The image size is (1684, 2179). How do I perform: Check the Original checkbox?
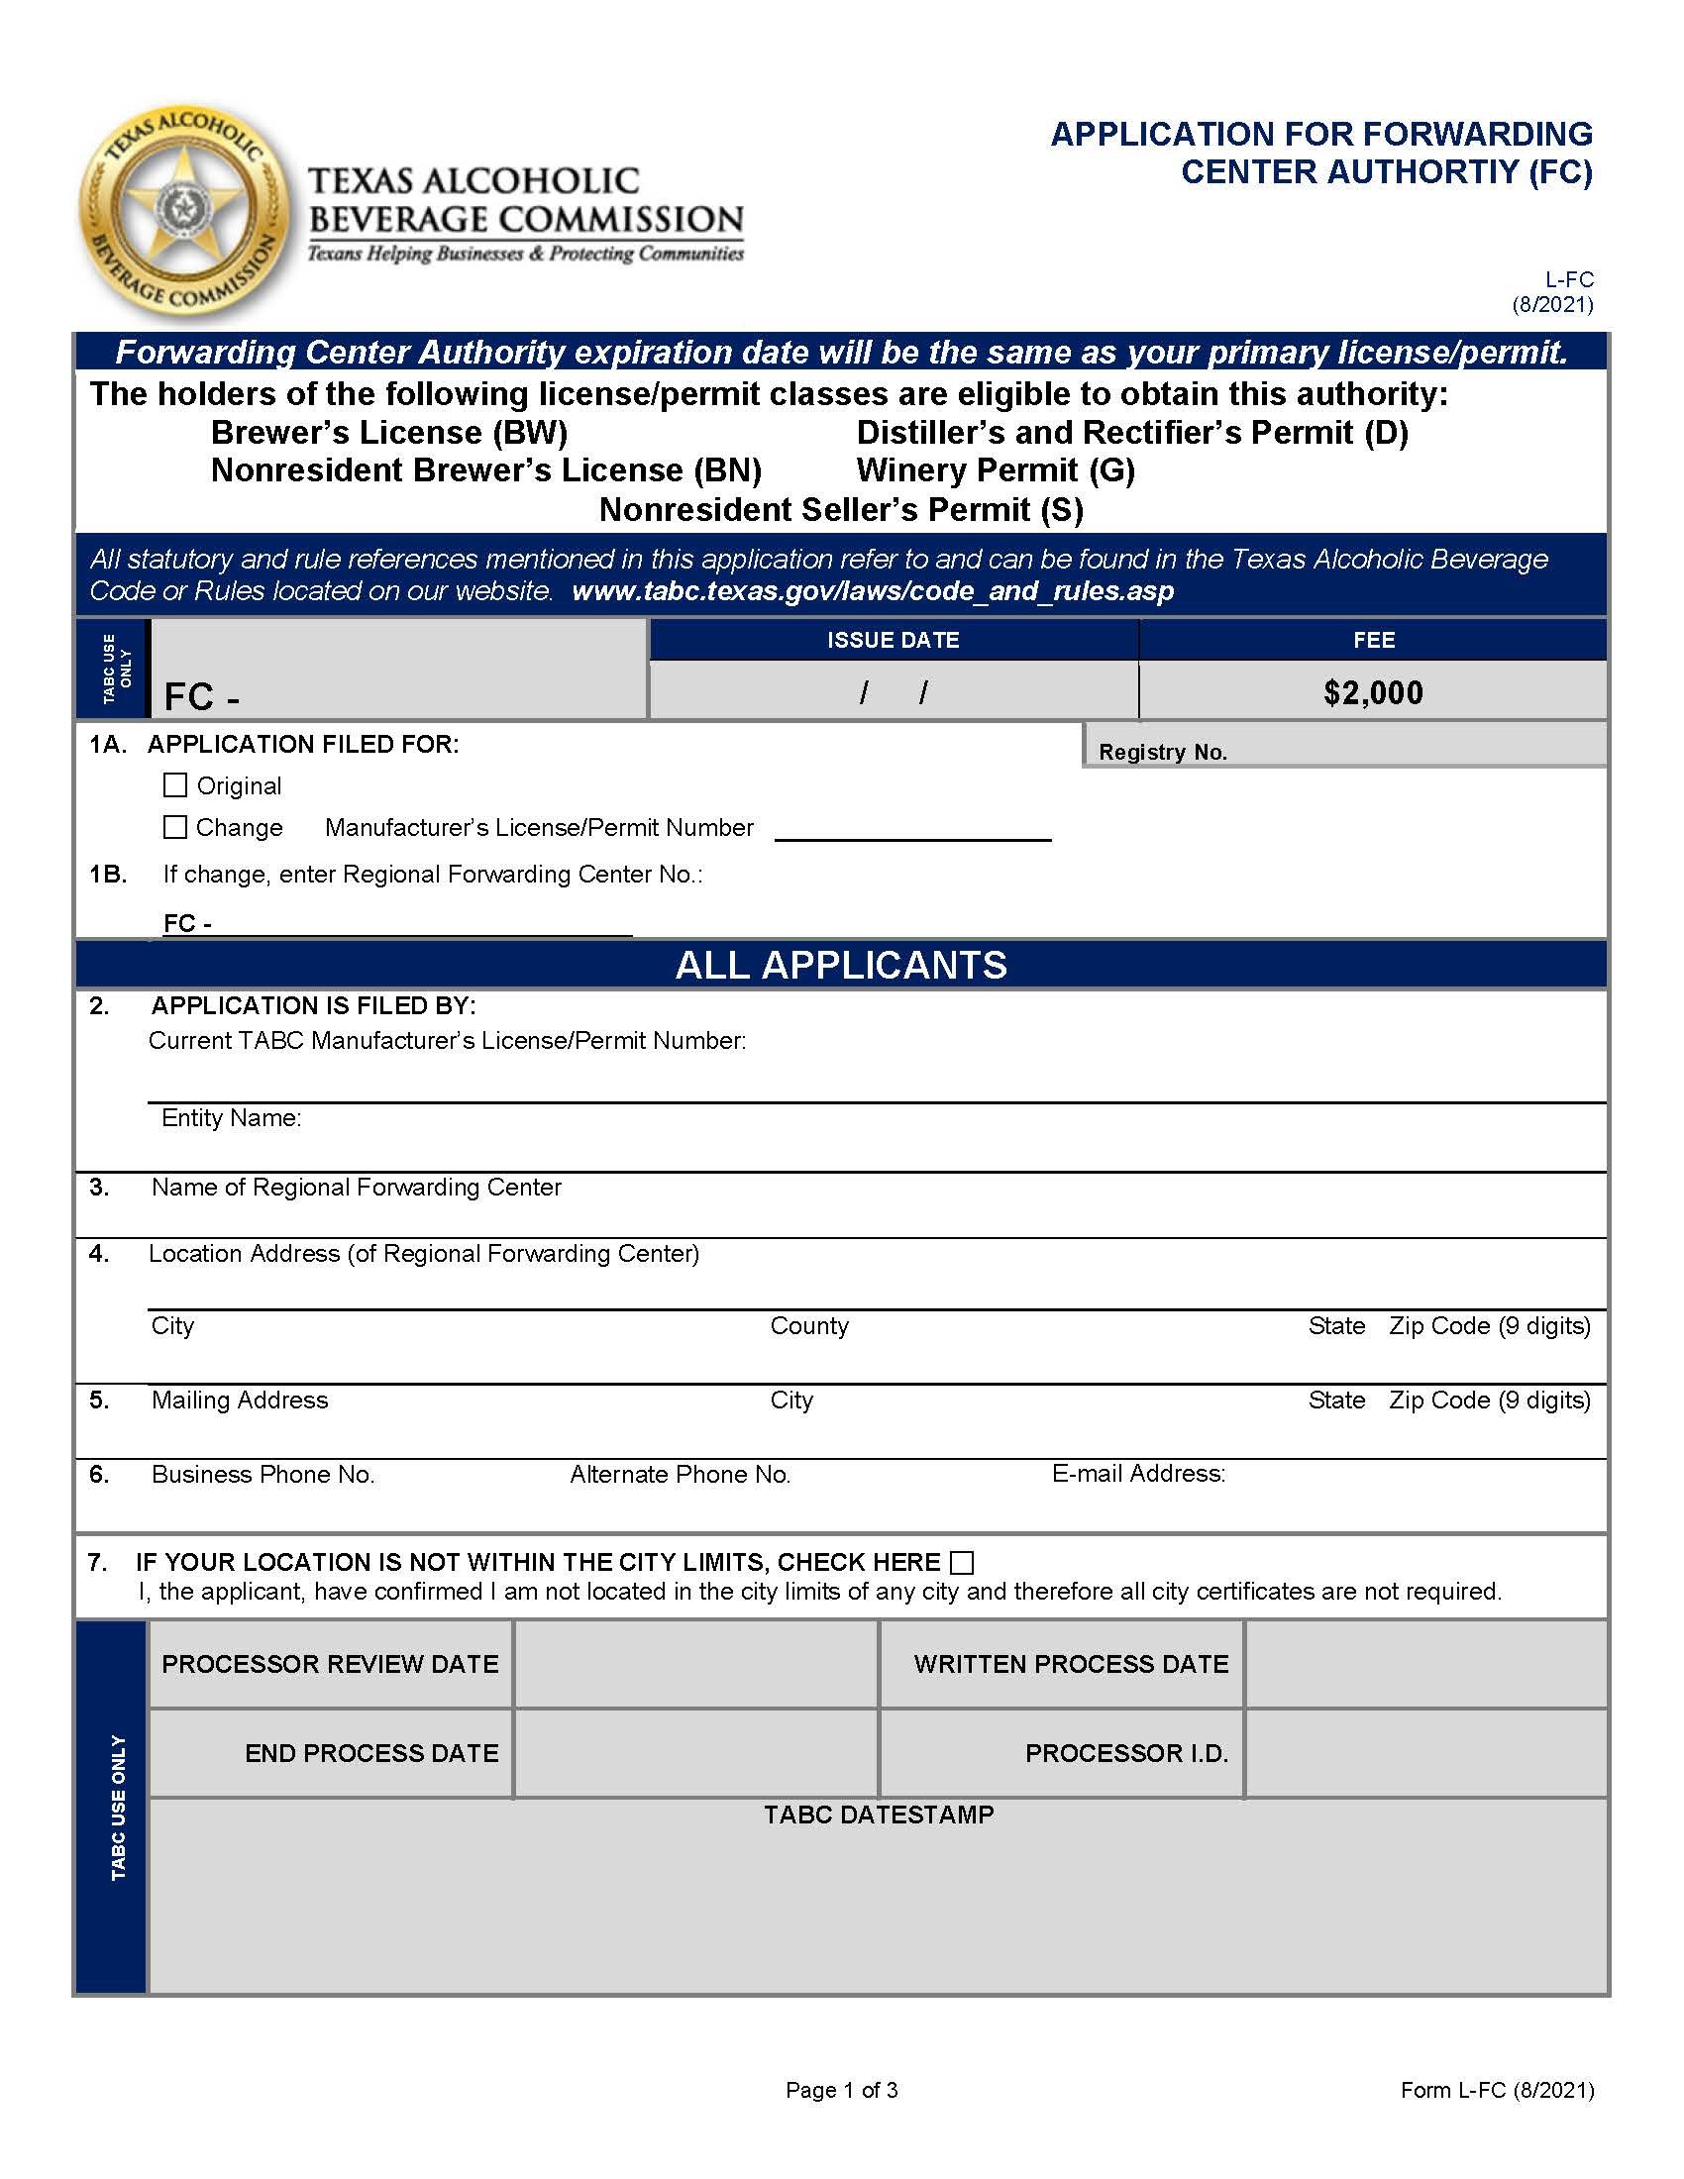pos(174,785)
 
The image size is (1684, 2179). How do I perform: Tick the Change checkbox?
pos(174,827)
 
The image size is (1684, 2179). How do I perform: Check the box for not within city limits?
pos(962,1562)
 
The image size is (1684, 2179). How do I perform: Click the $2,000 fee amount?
pos(1373,692)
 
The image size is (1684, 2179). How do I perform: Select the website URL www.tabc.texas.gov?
pos(872,590)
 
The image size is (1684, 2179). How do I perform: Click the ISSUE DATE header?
pos(893,641)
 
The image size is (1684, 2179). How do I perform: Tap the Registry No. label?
pos(1162,753)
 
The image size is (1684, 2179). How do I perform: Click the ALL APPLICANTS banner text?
pos(841,965)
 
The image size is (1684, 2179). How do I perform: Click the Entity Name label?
pos(232,1117)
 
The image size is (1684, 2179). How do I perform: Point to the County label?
pos(809,1326)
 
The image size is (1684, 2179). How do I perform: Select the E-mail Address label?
pos(1138,1474)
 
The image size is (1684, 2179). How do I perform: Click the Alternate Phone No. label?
pos(680,1475)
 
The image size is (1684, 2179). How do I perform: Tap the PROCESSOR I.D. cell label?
pos(1126,1753)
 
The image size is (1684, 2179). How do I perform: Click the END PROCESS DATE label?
pos(371,1753)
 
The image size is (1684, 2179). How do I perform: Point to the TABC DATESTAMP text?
pos(879,1815)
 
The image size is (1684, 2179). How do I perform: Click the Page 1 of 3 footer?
pos(841,2090)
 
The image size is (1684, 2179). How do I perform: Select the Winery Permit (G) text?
pos(996,469)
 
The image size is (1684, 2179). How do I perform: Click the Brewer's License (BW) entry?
pos(389,432)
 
